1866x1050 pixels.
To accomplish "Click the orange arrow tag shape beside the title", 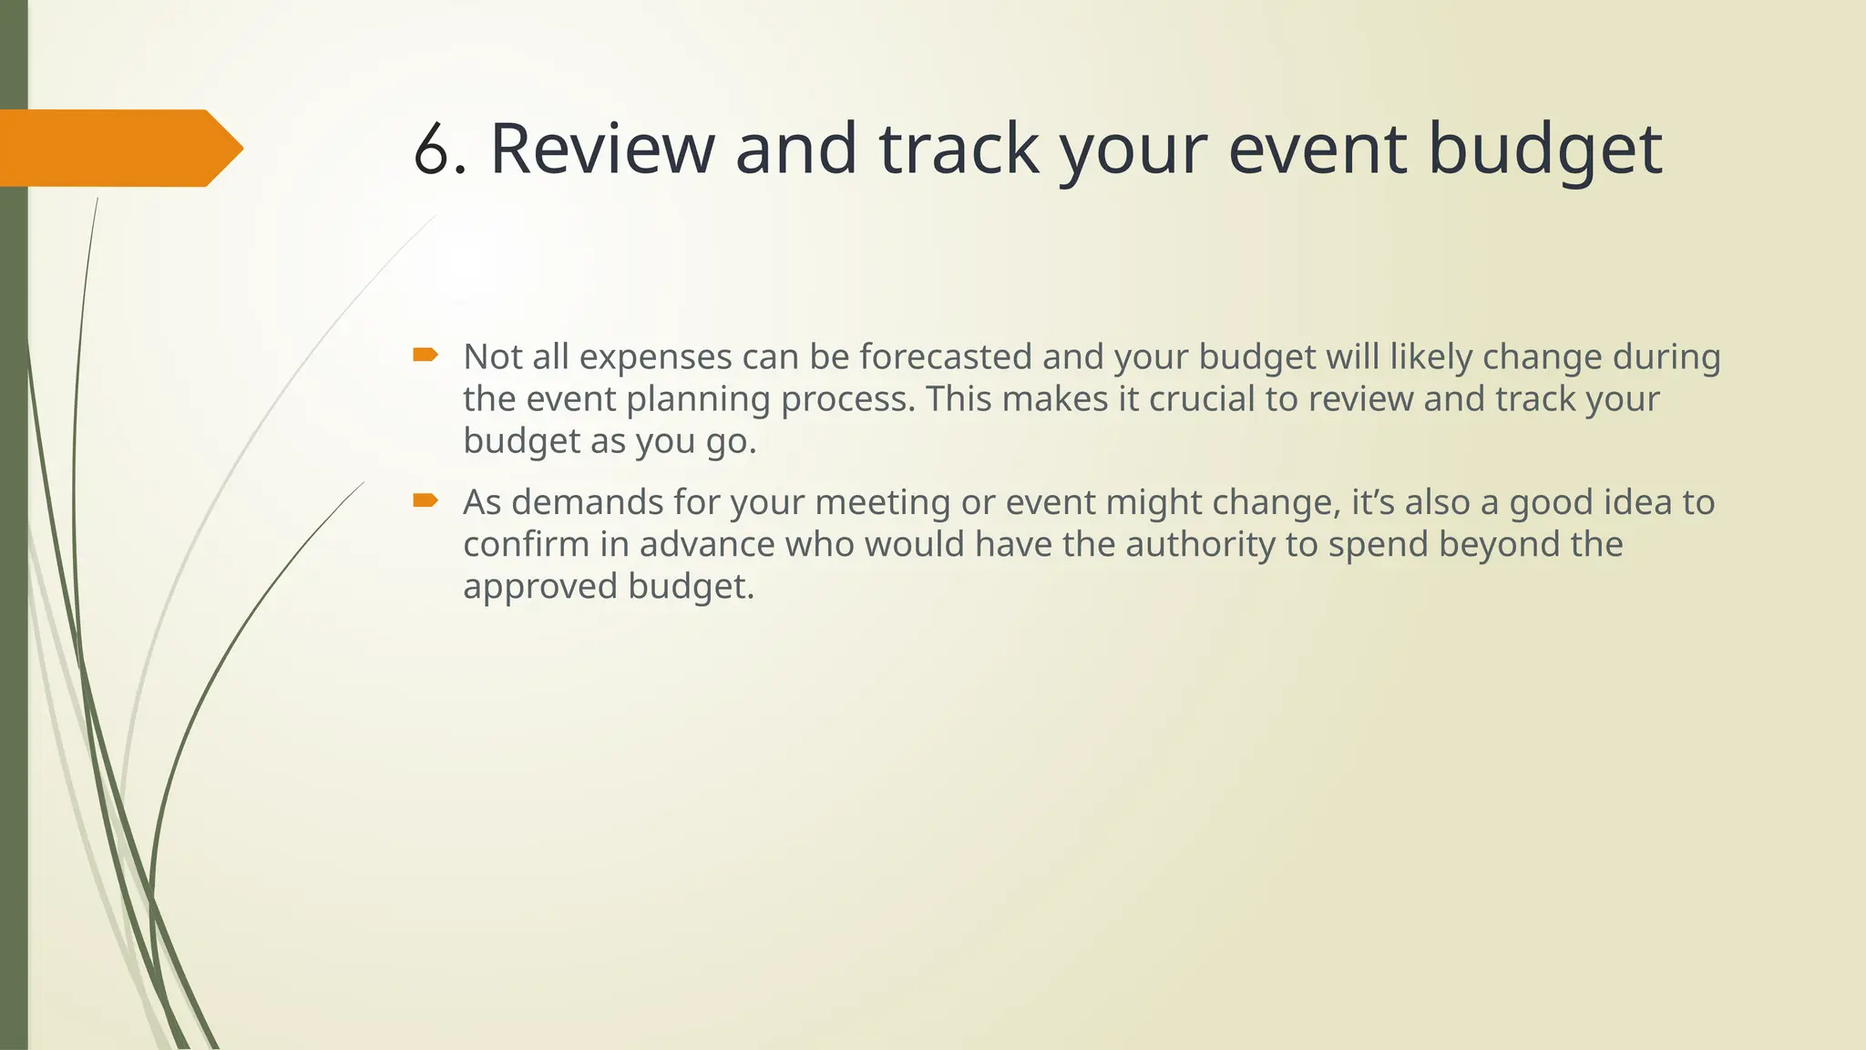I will (x=118, y=149).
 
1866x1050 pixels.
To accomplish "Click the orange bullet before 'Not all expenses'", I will (x=425, y=355).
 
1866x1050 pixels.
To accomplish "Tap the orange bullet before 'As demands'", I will (x=425, y=500).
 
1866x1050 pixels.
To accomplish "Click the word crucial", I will (x=1202, y=398).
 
